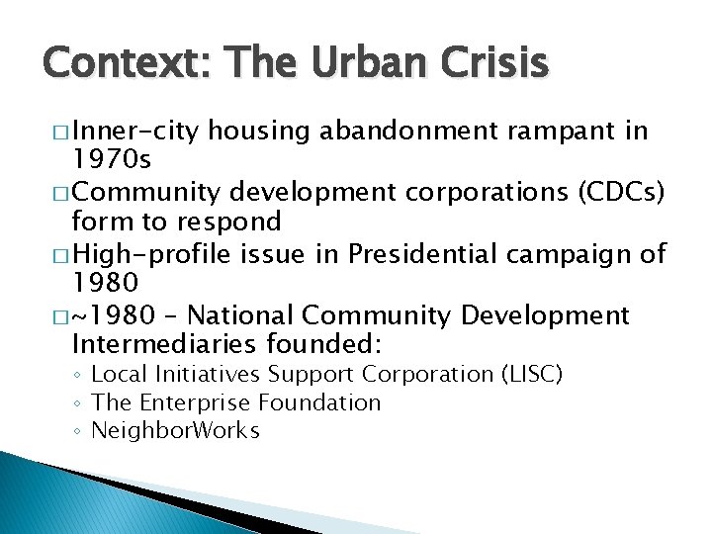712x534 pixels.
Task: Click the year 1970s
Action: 113,158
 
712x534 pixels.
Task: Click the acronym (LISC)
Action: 531,375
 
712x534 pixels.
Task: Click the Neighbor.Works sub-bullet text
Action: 175,431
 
